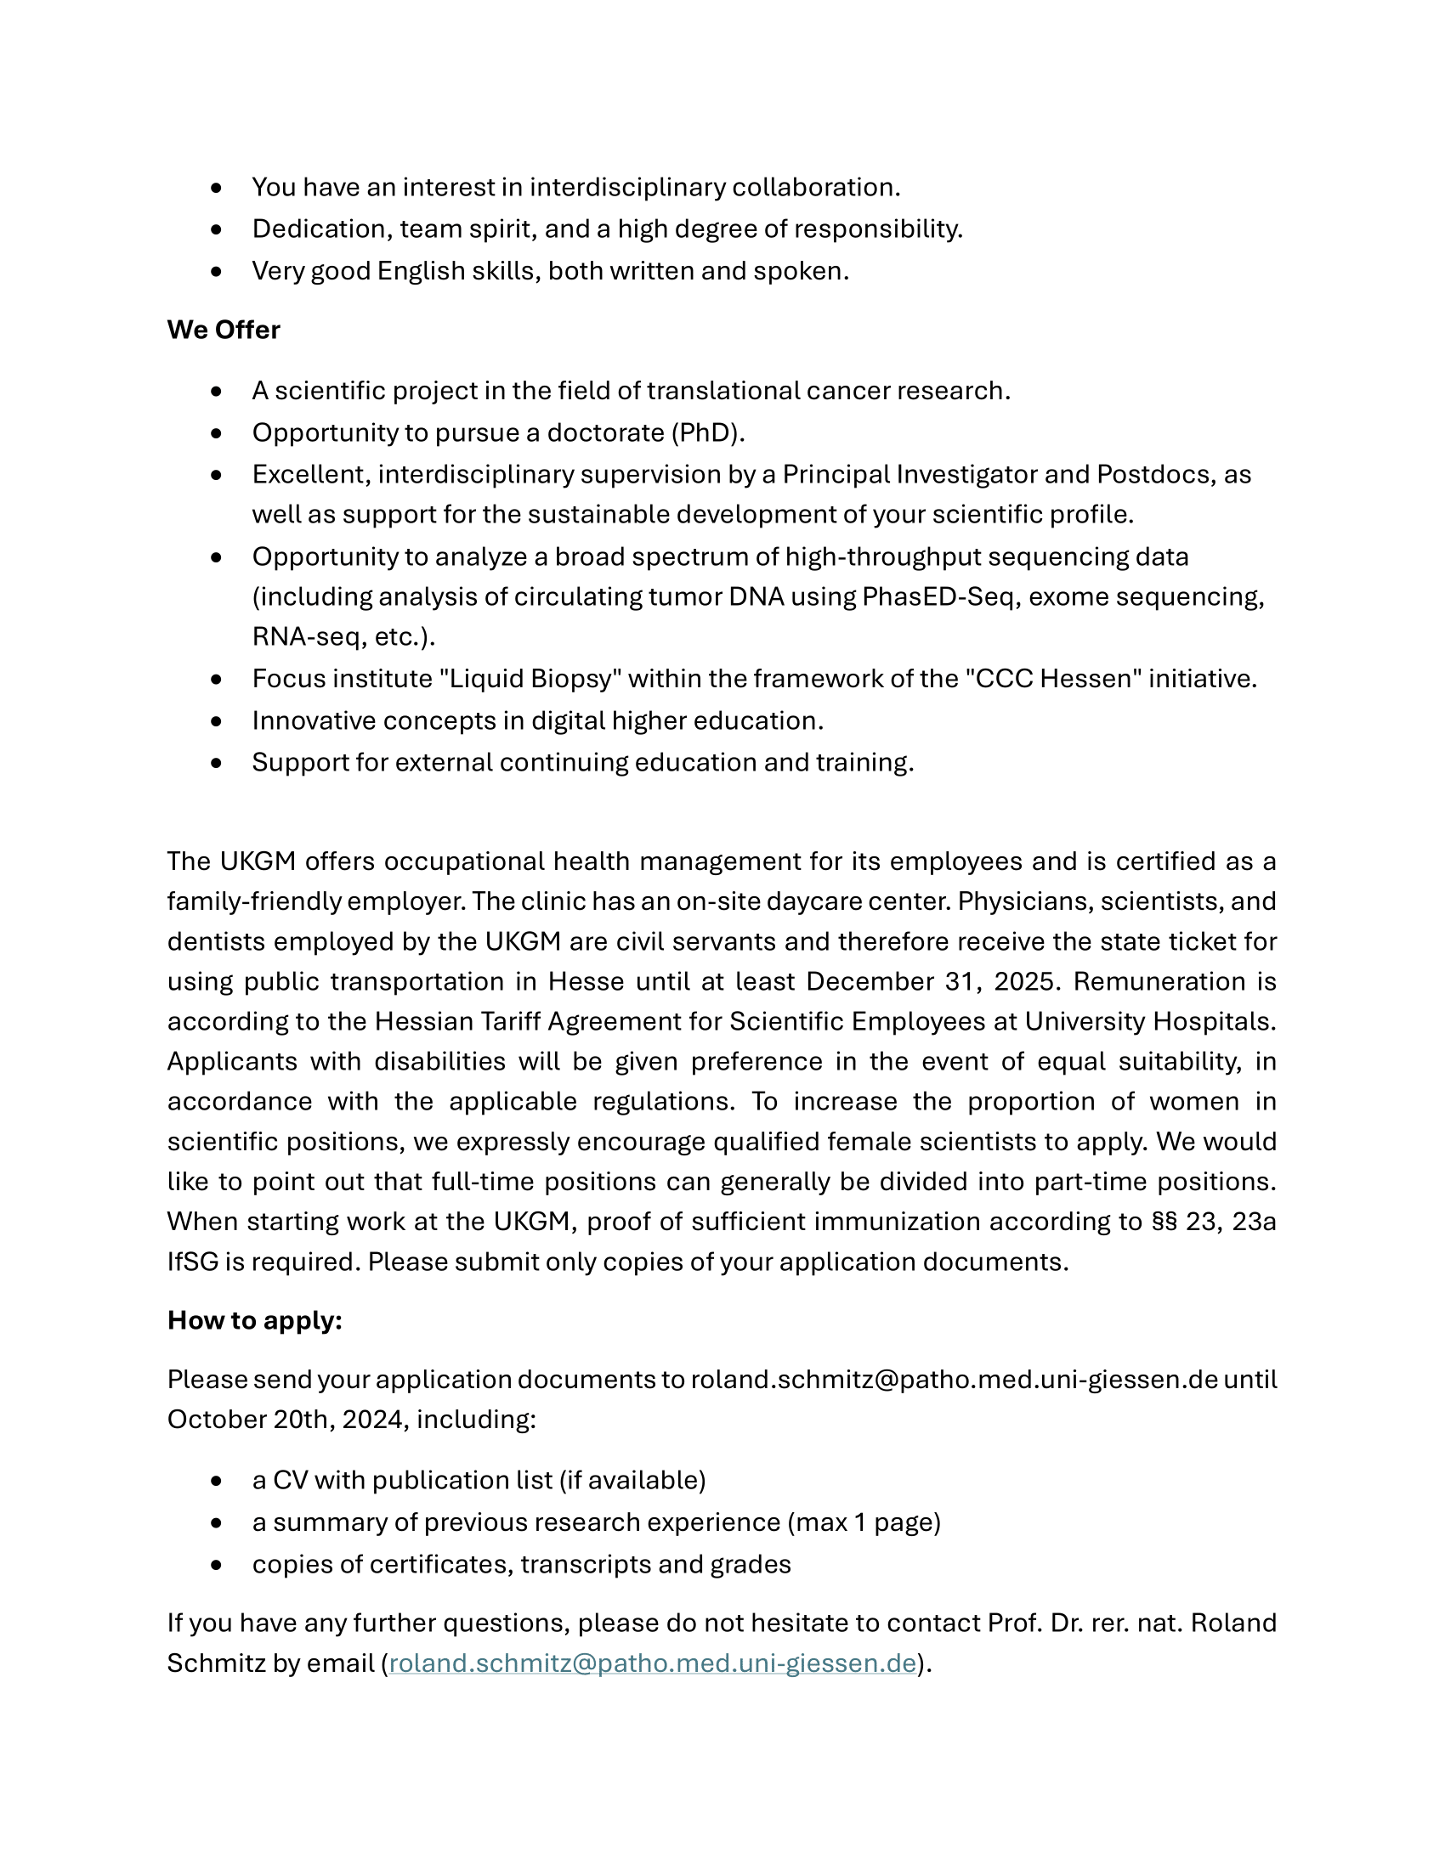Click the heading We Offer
point(224,330)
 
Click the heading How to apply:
point(254,1320)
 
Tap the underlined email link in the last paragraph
point(652,1663)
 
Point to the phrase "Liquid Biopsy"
point(530,679)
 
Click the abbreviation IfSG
point(193,1262)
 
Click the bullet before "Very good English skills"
point(216,271)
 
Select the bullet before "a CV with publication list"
point(216,1481)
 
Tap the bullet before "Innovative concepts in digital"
point(216,721)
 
